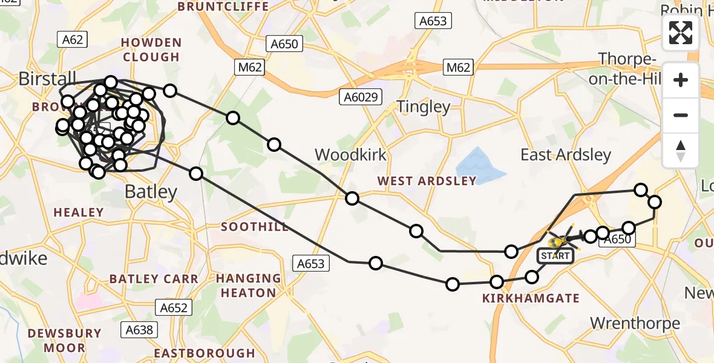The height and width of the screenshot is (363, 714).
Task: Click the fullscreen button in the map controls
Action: pos(681,33)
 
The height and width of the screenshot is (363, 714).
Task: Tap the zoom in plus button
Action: pos(681,80)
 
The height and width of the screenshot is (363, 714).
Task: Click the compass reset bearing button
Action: pos(681,151)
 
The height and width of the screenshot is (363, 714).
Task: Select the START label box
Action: pos(555,256)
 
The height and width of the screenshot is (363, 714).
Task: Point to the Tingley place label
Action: pos(424,107)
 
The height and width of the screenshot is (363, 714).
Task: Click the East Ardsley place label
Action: pos(566,155)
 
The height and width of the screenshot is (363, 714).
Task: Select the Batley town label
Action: pos(151,192)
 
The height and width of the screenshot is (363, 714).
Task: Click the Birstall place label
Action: pos(47,78)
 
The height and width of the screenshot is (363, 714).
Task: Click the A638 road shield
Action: pos(140,330)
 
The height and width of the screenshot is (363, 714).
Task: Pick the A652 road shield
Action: pos(174,307)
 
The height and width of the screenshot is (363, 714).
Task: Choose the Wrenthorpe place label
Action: pos(635,323)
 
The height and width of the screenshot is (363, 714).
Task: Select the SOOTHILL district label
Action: pos(255,227)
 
